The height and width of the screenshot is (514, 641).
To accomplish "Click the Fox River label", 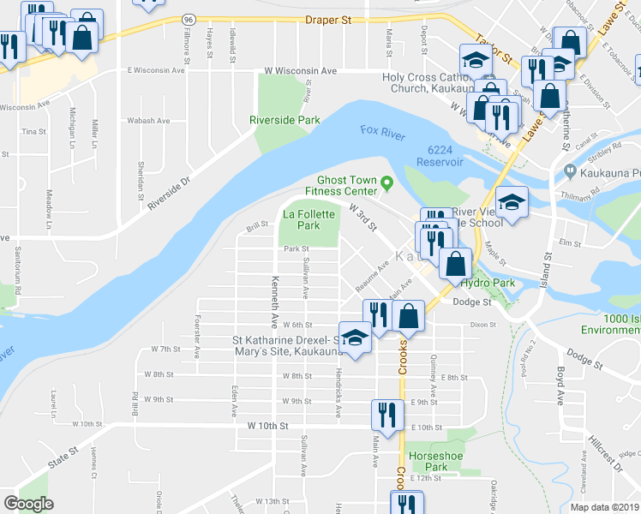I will coord(381,130).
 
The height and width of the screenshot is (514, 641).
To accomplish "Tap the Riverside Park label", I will coord(285,121).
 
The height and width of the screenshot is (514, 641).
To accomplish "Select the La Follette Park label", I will coord(309,219).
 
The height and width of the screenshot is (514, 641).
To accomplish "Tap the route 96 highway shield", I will coord(188,19).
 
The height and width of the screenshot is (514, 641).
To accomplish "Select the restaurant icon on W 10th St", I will coord(383,415).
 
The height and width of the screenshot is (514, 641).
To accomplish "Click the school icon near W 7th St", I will coord(354,337).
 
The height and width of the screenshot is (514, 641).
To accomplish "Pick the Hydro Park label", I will coord(487,283).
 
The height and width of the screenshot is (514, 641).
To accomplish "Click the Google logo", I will coord(28,504).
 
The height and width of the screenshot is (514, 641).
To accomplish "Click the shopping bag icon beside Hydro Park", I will coord(455,263).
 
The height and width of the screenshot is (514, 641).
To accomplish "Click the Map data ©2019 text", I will coord(604,507).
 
